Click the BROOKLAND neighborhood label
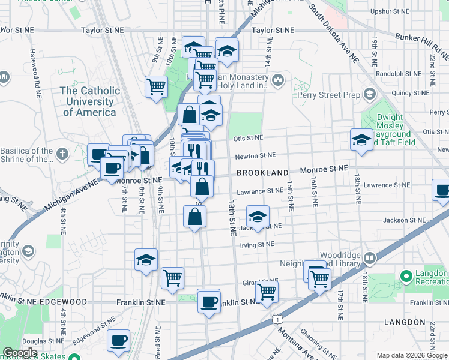262,173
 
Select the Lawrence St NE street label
259,191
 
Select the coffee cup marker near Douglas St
118,340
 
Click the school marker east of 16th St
361,140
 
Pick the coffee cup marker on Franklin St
209,301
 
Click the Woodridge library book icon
369,259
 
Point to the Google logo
20,353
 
